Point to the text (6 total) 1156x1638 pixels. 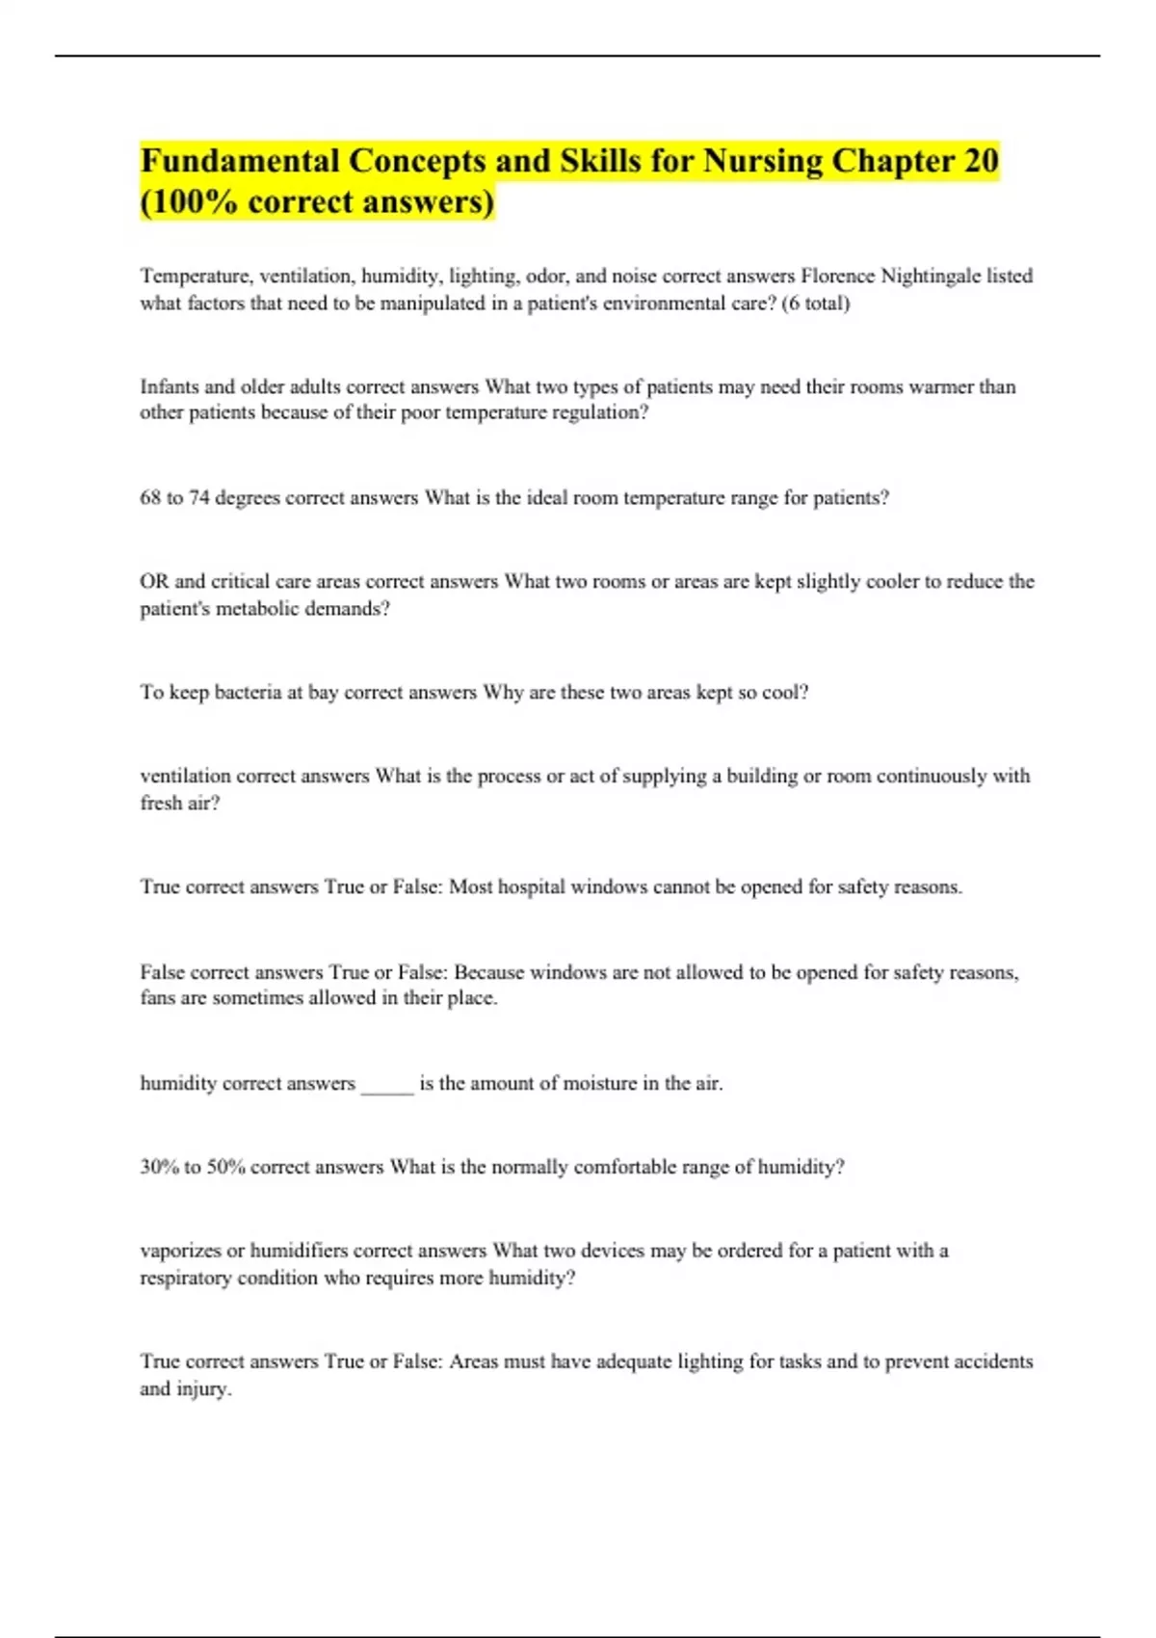click(816, 304)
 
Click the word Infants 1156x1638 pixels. click(169, 387)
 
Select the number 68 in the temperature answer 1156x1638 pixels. click(150, 498)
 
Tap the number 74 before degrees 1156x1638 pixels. click(198, 498)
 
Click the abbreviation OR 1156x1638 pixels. click(154, 582)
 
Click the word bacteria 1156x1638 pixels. click(248, 693)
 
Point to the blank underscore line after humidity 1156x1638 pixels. click(387, 1085)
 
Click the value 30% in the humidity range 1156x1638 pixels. click(159, 1168)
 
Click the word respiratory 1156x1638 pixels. click(186, 1279)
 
